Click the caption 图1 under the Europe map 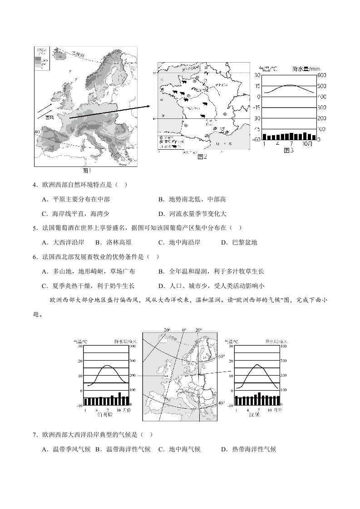87,171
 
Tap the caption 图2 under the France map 202,157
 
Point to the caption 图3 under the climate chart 288,150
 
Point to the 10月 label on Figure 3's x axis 307,143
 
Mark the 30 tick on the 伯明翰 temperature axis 80,346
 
